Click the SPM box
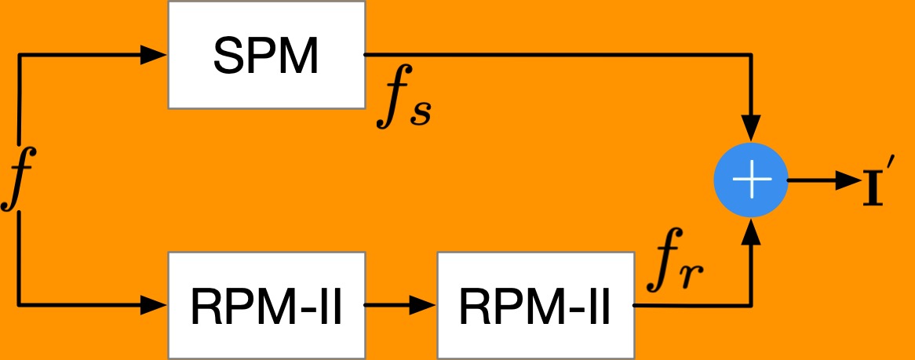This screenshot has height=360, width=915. click(267, 54)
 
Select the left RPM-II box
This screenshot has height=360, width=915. click(267, 304)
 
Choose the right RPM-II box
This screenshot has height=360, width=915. click(535, 304)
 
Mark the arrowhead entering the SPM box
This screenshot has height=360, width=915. click(155, 55)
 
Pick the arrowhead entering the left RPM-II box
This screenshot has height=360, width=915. click(155, 304)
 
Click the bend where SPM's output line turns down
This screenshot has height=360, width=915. click(752, 56)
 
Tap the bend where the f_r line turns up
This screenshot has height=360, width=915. click(752, 304)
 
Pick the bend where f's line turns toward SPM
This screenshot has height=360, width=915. click(19, 56)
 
